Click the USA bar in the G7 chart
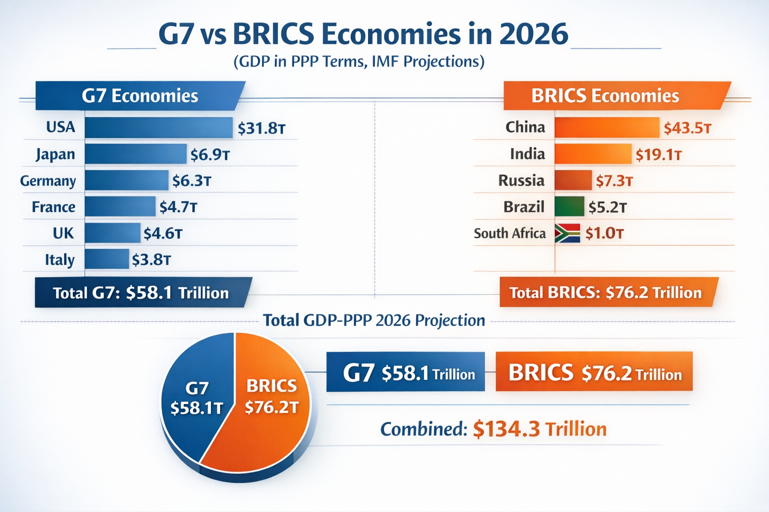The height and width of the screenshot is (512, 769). (x=159, y=127)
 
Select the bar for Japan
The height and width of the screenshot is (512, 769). (x=136, y=154)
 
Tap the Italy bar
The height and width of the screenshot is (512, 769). (x=107, y=259)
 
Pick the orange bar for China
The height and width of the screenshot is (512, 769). (x=607, y=127)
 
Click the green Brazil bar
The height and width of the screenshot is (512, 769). (x=569, y=206)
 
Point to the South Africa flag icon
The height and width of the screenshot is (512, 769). (x=567, y=233)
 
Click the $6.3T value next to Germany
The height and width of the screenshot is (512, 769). (x=191, y=180)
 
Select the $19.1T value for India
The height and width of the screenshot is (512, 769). (x=658, y=154)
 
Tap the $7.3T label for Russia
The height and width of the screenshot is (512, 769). (x=614, y=180)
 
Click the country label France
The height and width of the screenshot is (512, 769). (x=54, y=207)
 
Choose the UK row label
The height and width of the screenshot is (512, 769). (x=63, y=233)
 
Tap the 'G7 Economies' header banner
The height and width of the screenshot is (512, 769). (x=140, y=95)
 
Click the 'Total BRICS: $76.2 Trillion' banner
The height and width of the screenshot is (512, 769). (x=605, y=292)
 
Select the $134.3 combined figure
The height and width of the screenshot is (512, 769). (x=506, y=429)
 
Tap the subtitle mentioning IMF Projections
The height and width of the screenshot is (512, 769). (x=358, y=61)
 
